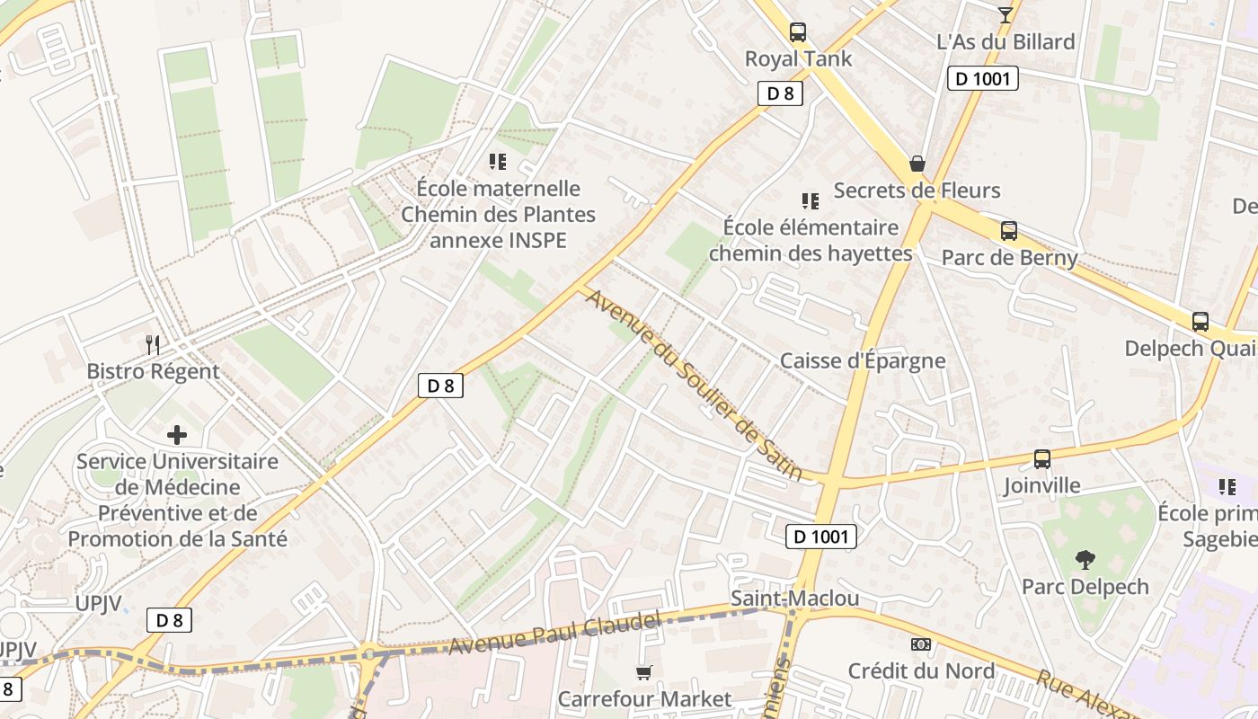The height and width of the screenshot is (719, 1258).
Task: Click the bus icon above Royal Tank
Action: click(x=797, y=32)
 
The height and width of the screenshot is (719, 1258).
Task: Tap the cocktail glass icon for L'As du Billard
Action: click(x=1006, y=15)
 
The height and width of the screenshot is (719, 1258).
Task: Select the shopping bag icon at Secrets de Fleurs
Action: click(x=917, y=164)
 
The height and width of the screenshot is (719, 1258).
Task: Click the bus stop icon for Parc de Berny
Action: click(x=1009, y=231)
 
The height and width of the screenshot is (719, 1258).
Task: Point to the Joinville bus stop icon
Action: click(x=1042, y=459)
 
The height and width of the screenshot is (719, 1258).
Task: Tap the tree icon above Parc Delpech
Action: click(x=1085, y=560)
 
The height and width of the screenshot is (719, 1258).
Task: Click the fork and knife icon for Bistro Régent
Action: click(x=153, y=344)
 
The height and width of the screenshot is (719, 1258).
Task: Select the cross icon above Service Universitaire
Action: click(x=177, y=435)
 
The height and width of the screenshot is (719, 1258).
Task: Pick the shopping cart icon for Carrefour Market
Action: click(x=644, y=672)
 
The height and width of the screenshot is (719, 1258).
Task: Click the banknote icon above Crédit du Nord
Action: click(x=921, y=644)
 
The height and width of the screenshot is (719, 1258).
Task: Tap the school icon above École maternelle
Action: click(x=498, y=162)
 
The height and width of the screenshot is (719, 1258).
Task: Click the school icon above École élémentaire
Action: click(x=811, y=200)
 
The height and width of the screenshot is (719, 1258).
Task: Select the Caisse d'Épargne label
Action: click(x=863, y=360)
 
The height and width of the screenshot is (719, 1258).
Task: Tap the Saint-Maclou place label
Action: click(x=794, y=599)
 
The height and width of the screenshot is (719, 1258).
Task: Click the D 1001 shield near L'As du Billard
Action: click(x=982, y=78)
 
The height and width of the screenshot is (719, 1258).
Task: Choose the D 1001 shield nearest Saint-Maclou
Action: click(x=820, y=537)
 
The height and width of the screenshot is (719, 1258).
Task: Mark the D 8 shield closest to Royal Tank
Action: click(x=779, y=93)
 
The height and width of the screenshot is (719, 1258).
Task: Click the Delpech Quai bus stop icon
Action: click(x=1200, y=321)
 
